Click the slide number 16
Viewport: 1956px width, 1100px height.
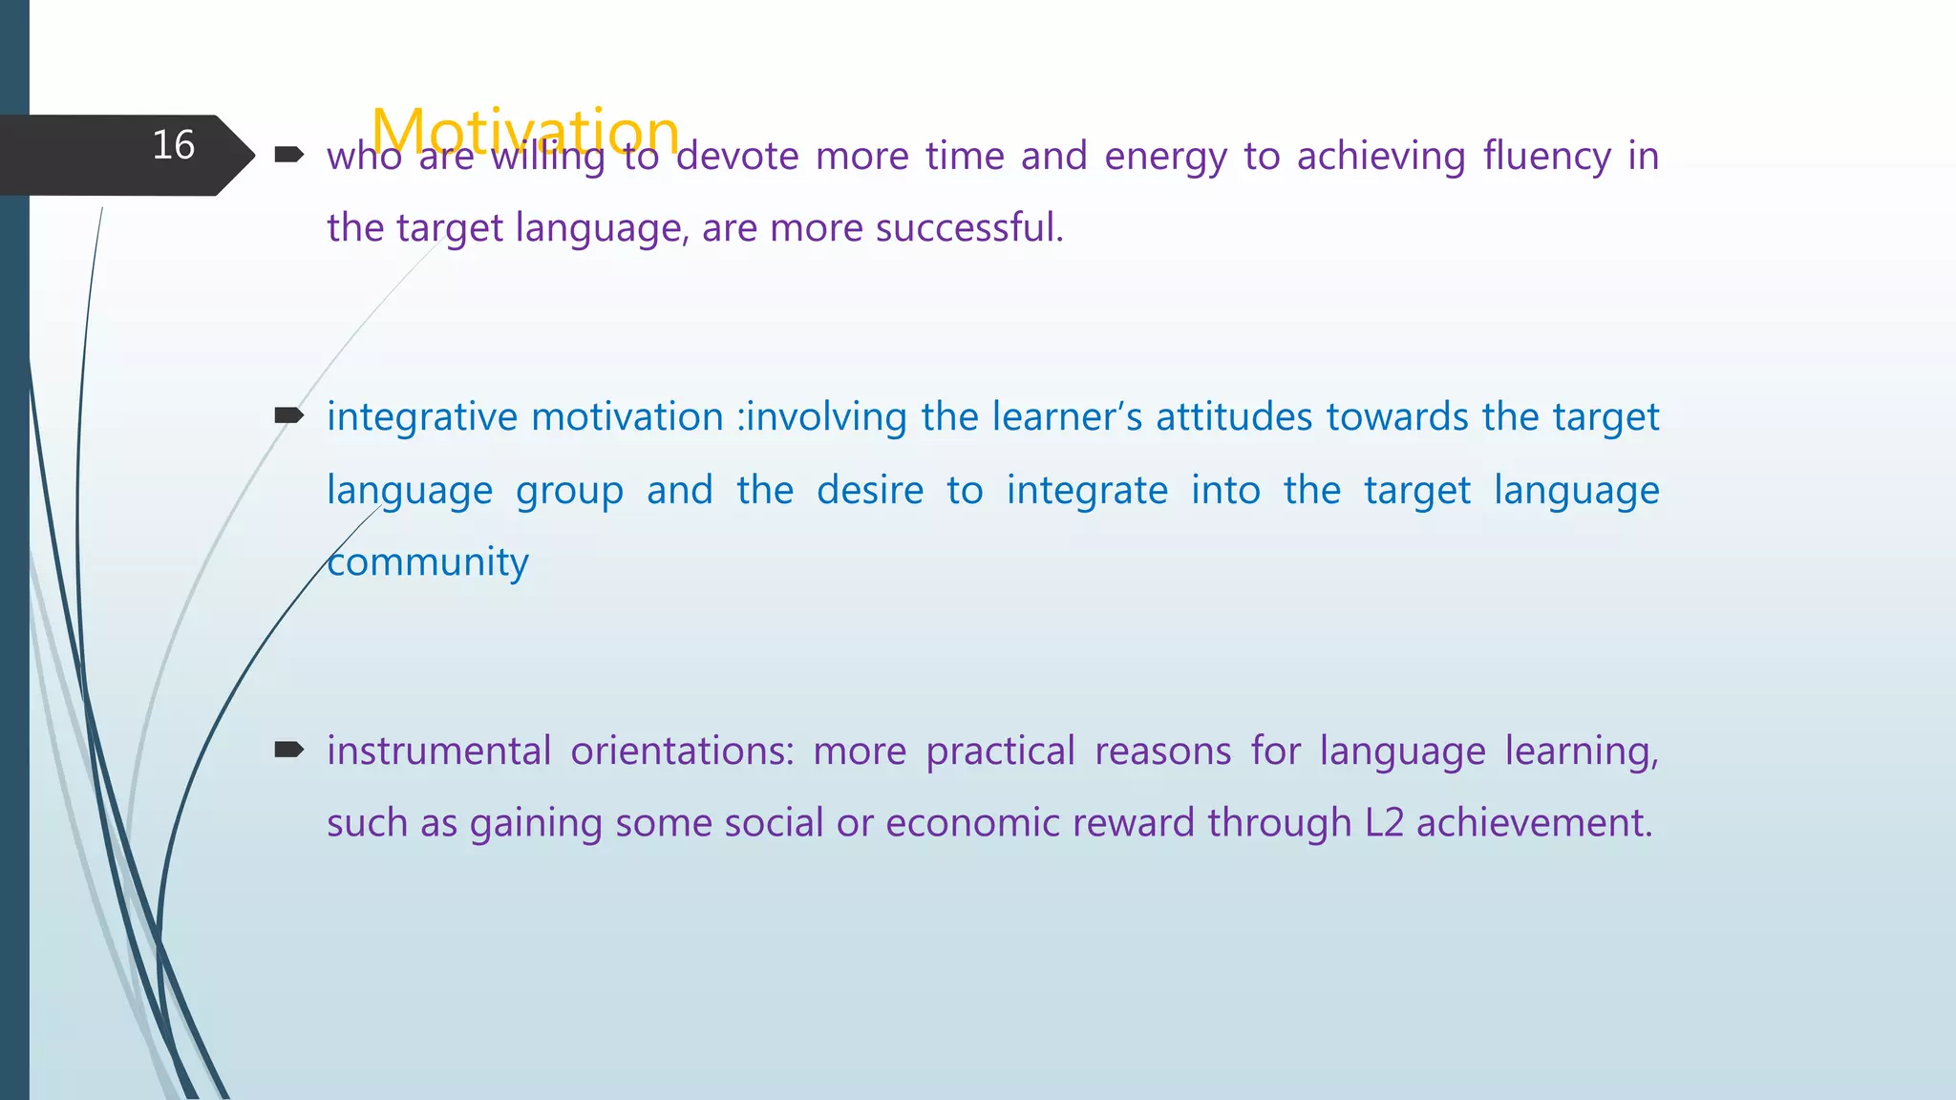pos(174,145)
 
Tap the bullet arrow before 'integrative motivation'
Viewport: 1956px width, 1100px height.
pos(288,415)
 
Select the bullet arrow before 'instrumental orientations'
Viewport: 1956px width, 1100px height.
pos(288,750)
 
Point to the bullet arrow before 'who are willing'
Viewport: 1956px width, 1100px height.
pos(288,154)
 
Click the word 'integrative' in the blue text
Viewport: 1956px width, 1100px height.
pos(421,418)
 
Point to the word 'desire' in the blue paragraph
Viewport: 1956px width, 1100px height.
pos(870,490)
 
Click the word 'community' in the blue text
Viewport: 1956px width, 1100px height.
pos(428,562)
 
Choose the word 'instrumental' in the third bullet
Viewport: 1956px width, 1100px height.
pos(439,751)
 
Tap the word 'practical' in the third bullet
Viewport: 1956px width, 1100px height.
pos(1001,751)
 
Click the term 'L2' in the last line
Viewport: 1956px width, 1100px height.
pos(1384,823)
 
